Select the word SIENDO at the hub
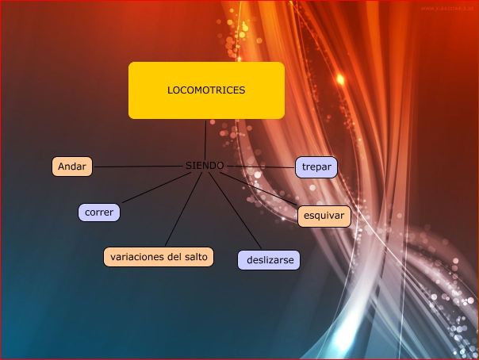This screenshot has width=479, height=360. [205, 166]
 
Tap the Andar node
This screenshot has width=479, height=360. [72, 167]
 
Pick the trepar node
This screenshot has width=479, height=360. [317, 167]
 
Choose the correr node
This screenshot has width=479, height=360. [99, 213]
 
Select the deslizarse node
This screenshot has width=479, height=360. [269, 260]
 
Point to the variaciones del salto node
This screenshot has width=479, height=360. [159, 256]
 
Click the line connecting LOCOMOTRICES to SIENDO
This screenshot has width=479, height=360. [205, 140]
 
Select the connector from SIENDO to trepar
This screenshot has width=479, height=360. [262, 167]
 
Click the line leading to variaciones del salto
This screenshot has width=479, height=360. [182, 210]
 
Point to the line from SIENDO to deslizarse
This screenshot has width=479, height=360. [236, 209]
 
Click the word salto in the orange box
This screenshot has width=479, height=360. [194, 256]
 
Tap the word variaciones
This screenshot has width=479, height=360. [137, 256]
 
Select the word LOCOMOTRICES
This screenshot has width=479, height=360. [206, 90]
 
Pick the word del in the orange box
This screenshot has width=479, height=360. [173, 256]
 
